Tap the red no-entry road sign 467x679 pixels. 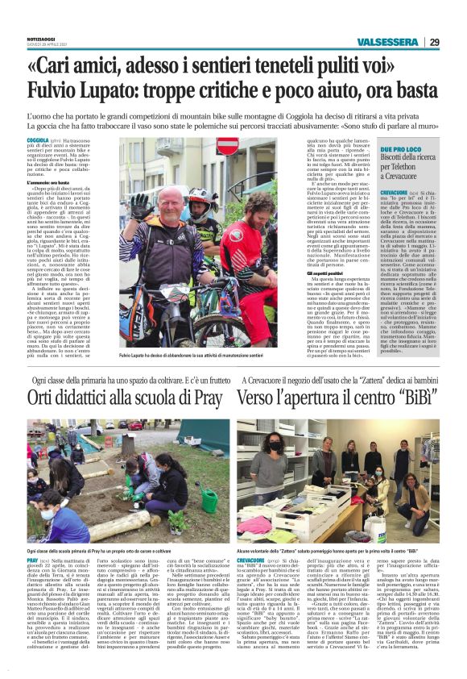227,147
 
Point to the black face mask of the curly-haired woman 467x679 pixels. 273,446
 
